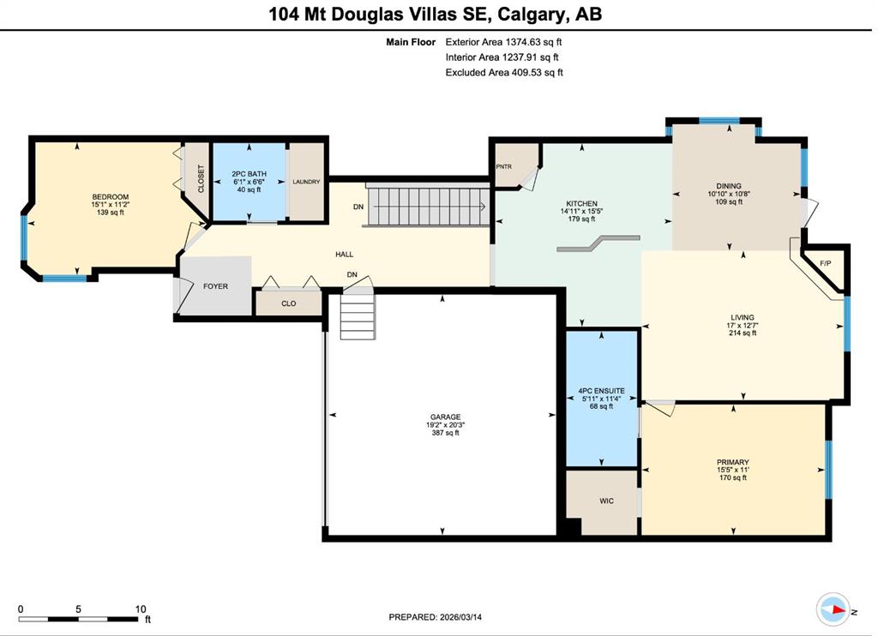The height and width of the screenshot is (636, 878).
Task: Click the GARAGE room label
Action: click(x=445, y=417)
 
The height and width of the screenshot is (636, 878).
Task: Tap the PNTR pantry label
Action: click(x=504, y=167)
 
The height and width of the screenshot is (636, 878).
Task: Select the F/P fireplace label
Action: click(x=826, y=264)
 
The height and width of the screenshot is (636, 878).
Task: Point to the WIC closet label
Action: click(x=606, y=501)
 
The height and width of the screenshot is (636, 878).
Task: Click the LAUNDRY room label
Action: click(x=306, y=182)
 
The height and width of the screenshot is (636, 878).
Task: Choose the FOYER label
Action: click(x=215, y=286)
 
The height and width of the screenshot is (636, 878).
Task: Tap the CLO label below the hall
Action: click(x=288, y=303)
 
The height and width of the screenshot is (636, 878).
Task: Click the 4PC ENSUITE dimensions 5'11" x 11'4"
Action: click(x=601, y=399)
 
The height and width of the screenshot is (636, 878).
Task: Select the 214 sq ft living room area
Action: click(x=743, y=333)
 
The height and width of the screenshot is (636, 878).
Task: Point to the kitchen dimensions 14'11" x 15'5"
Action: click(x=582, y=211)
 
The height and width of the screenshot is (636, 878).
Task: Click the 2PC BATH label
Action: click(x=250, y=174)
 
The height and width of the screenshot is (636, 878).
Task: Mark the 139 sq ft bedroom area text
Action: click(x=111, y=213)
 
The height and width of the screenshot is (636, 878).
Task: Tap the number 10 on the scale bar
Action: click(x=140, y=609)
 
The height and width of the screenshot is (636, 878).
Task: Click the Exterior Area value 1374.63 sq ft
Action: click(x=533, y=42)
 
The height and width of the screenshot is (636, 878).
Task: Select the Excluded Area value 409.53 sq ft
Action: click(x=537, y=72)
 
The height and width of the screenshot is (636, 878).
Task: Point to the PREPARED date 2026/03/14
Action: click(x=460, y=617)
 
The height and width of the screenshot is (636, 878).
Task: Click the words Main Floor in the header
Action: click(x=411, y=42)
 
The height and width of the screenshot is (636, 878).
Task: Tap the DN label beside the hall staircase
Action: click(x=358, y=207)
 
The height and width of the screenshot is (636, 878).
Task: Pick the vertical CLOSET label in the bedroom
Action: click(x=201, y=178)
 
